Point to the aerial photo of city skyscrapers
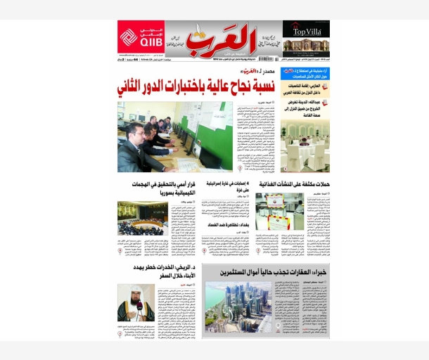[x=238, y=307]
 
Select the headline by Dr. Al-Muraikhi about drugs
[x=157, y=271]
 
